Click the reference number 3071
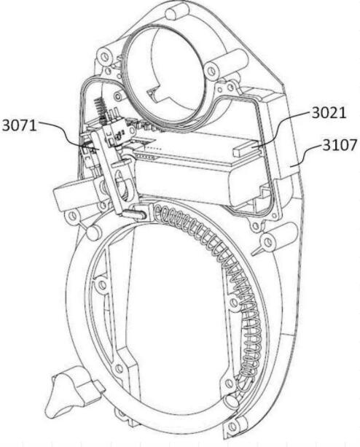click(x=20, y=125)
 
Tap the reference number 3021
click(x=329, y=113)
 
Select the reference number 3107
click(x=340, y=145)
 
